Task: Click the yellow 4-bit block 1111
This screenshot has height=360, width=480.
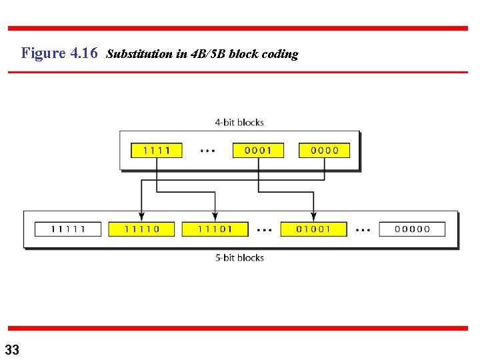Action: (x=157, y=150)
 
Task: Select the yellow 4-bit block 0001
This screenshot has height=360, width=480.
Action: (x=258, y=150)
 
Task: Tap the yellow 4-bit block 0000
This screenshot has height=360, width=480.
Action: (x=325, y=150)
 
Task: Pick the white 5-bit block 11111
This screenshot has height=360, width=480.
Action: (x=69, y=229)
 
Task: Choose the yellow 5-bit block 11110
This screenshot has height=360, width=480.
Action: (x=141, y=229)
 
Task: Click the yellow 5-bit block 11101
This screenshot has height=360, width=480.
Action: (x=215, y=229)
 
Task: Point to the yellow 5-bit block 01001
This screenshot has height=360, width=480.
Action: (x=314, y=229)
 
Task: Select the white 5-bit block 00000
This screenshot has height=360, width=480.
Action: (x=413, y=229)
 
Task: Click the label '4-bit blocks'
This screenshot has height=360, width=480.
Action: (x=239, y=123)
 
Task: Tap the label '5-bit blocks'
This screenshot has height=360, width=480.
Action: (x=239, y=258)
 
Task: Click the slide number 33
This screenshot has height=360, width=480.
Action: (x=12, y=349)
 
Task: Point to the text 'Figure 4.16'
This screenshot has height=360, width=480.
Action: (x=59, y=53)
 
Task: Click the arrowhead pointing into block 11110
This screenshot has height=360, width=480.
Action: (x=141, y=216)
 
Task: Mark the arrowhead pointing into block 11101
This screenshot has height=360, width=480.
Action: (x=215, y=216)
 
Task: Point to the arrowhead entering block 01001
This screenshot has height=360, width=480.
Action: (x=314, y=216)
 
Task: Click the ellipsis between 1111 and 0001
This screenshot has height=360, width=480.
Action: (x=208, y=151)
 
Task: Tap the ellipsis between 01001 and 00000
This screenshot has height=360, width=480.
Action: (x=363, y=229)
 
